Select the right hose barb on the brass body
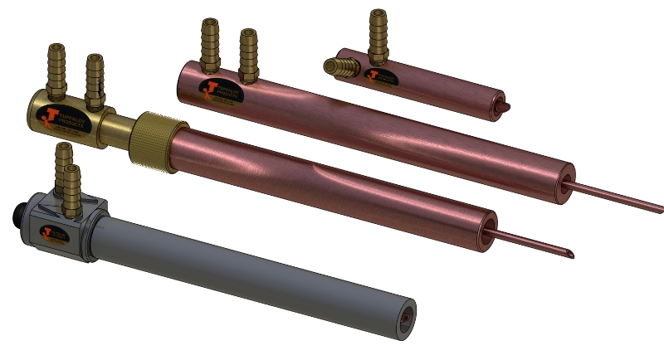point(95,81)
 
